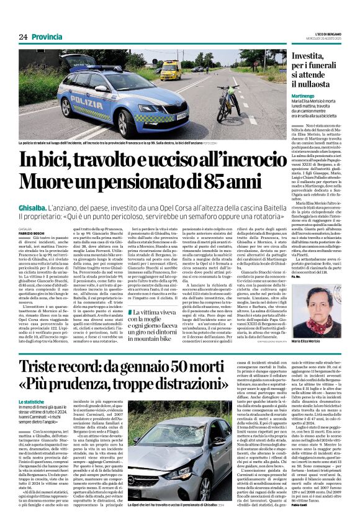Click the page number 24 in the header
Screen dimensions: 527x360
tap(23, 37)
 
